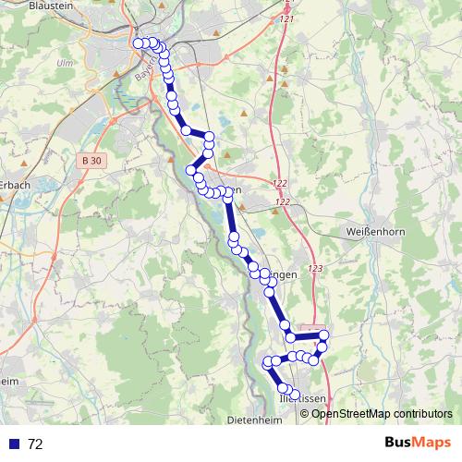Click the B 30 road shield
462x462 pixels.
(x=91, y=161)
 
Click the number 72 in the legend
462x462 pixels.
(x=35, y=444)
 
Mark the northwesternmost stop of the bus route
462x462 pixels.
(x=139, y=43)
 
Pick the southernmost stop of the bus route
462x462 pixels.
(x=295, y=397)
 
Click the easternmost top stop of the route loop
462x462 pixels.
(x=323, y=334)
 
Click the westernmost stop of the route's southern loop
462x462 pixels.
(x=268, y=362)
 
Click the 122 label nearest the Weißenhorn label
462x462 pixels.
(x=283, y=201)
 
